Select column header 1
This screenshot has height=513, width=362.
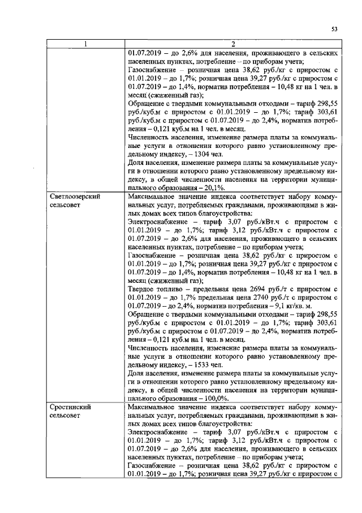pyautogui.click(x=85, y=45)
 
